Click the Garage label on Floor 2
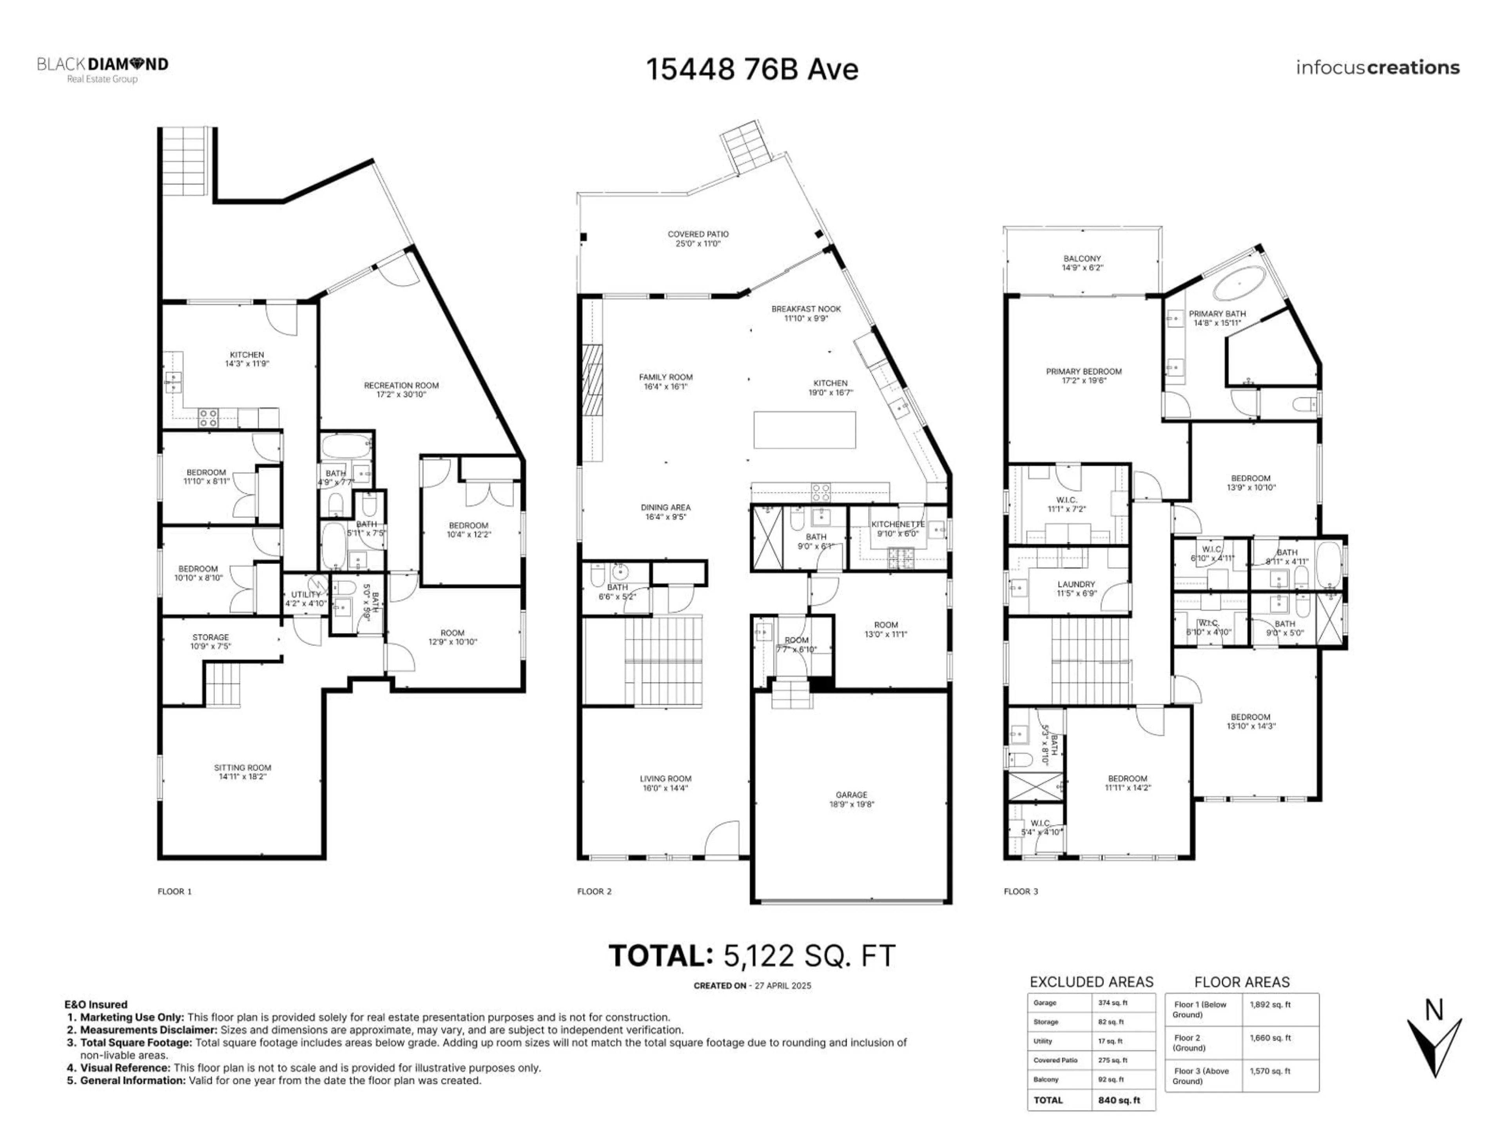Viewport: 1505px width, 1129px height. (851, 799)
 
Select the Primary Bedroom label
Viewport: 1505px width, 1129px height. (1083, 376)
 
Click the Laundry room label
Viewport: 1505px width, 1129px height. (1076, 588)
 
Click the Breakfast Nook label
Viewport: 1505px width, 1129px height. (805, 313)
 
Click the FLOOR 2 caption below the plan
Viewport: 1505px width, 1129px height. (594, 891)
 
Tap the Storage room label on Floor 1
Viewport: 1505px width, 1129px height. (210, 641)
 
